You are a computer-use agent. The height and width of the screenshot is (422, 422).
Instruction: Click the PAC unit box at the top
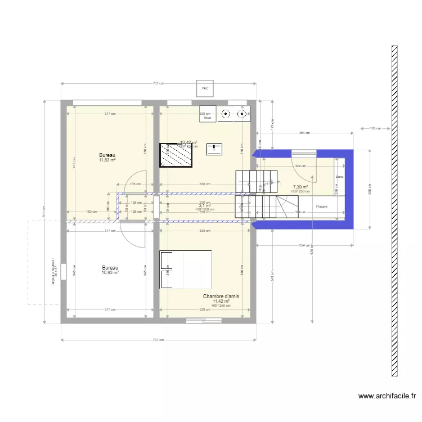pos(205,88)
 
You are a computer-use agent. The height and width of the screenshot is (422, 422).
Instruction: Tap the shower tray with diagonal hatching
pos(177,155)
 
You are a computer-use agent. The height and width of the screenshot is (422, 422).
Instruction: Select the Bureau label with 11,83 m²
pos(107,158)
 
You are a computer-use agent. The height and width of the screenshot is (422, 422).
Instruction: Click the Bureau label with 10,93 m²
pos(110,270)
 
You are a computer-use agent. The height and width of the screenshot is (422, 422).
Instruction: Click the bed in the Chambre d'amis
pos(186,270)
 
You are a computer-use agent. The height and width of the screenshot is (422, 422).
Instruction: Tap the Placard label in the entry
pos(322,206)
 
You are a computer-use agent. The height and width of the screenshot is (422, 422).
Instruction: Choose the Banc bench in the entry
pos(339,177)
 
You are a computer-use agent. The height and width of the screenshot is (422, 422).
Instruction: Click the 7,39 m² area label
pos(299,187)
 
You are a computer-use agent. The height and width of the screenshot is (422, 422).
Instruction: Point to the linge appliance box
pos(208,115)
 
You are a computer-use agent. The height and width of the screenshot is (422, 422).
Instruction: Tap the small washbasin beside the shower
pos(214,149)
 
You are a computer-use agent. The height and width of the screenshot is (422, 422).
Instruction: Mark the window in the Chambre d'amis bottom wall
pos(204,320)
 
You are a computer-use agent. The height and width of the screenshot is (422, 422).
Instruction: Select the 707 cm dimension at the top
pos(159,83)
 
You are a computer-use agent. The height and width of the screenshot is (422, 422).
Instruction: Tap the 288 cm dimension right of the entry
pos(370,190)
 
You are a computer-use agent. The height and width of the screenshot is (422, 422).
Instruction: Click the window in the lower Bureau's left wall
pos(64,272)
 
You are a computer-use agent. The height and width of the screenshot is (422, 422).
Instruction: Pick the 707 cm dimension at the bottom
pos(159,340)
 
